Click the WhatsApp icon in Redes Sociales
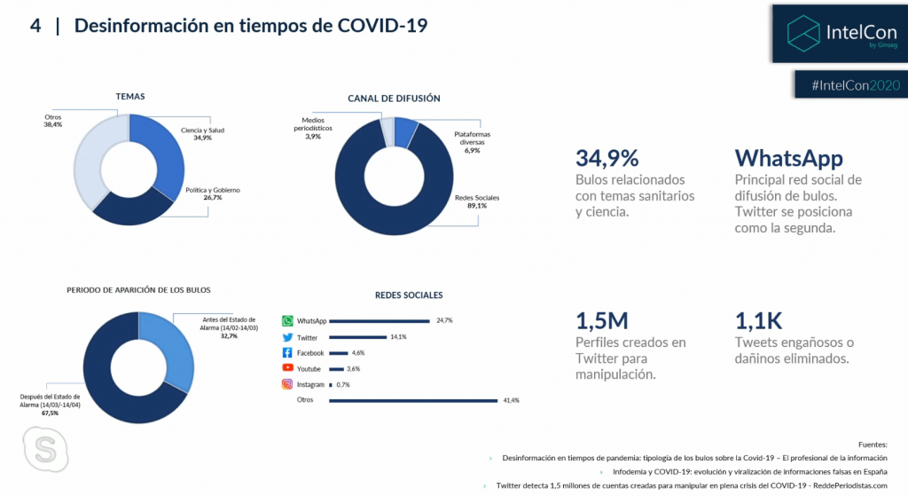287,321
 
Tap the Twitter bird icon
287,337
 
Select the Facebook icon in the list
287,353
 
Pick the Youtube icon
287,368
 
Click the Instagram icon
287,384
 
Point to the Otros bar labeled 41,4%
412,401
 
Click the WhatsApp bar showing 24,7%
379,321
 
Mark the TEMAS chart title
130,96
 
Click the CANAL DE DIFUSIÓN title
394,98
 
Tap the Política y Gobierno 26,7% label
213,194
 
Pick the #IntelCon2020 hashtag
855,84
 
